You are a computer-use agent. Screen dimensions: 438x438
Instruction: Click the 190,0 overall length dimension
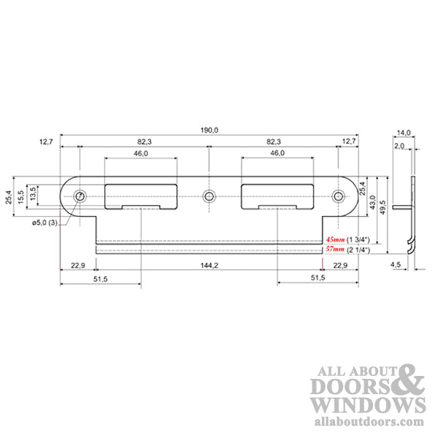tap(210, 129)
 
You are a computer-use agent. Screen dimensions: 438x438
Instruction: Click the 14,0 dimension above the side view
tap(404, 132)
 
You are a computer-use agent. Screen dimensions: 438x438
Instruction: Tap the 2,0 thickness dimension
tap(399, 146)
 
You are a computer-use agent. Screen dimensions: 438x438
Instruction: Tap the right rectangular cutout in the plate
tap(277, 195)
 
